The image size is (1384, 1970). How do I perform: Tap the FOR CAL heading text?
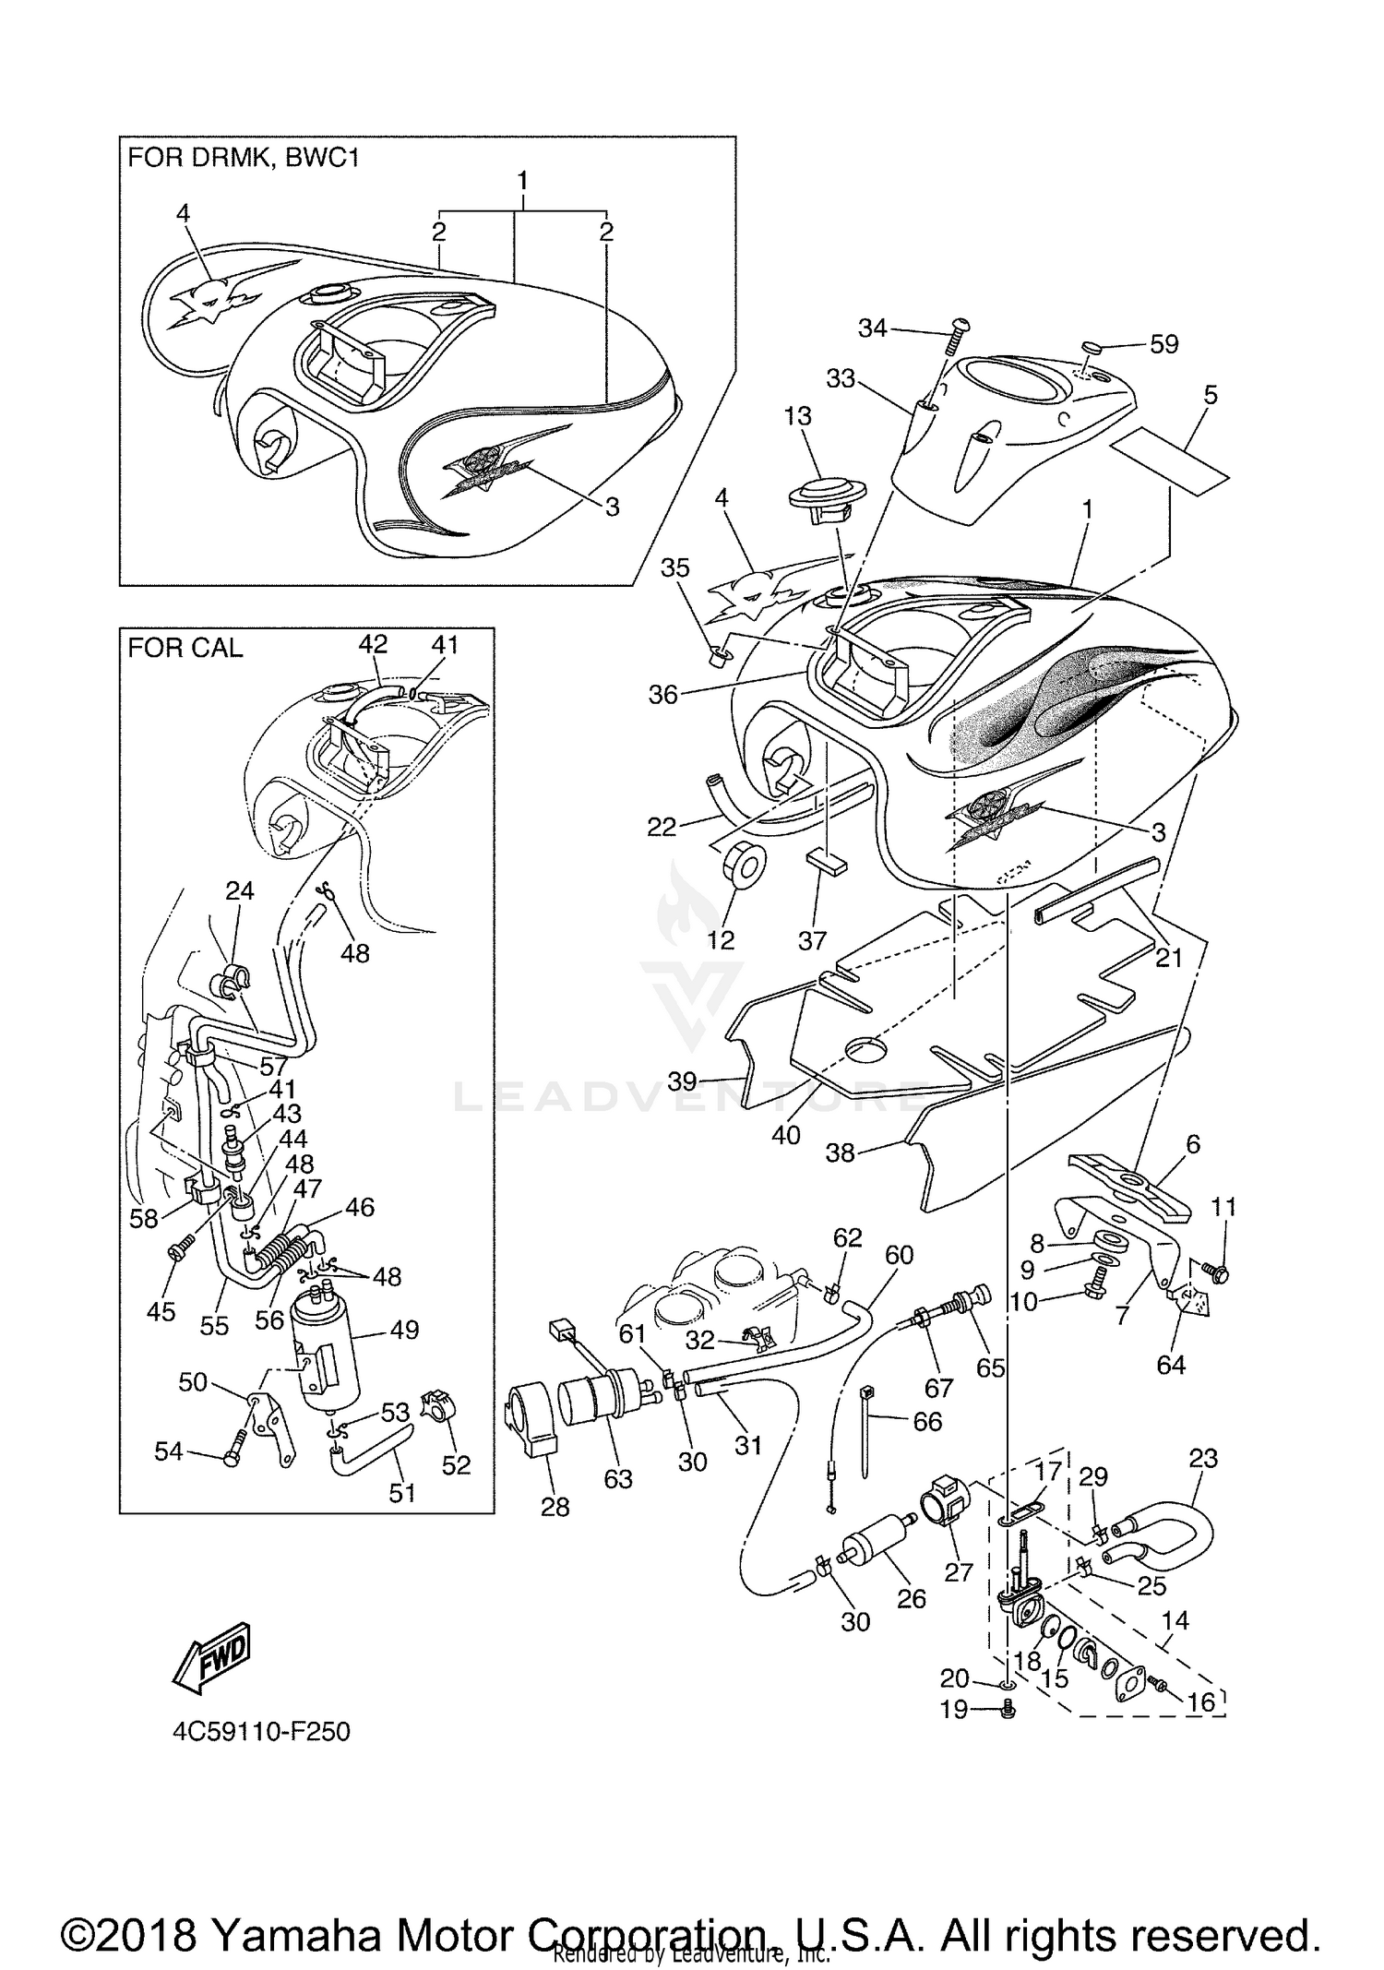click(185, 648)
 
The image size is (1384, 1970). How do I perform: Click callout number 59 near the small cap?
click(1163, 344)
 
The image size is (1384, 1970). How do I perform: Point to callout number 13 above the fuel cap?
click(797, 416)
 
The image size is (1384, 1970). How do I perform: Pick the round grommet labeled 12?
click(742, 866)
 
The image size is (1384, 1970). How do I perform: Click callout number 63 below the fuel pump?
click(617, 1478)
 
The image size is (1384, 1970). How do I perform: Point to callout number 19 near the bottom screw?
click(954, 1710)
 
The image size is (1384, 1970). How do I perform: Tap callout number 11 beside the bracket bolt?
click(1223, 1207)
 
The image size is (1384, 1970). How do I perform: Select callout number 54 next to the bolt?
click(168, 1452)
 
